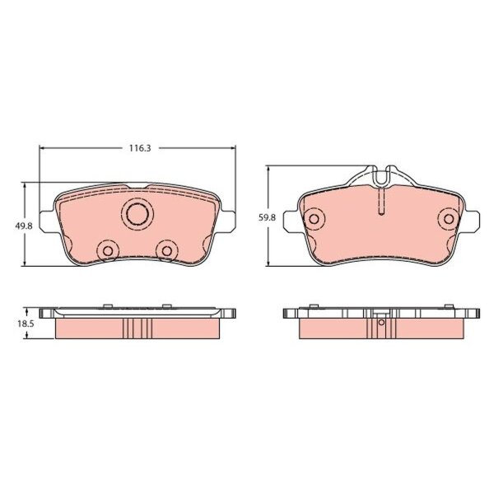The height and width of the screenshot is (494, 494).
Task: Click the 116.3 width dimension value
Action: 140,148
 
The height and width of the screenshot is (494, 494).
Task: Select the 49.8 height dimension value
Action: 24,226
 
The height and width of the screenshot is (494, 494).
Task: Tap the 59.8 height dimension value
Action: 267,217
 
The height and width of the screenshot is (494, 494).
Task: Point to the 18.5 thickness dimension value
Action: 26,324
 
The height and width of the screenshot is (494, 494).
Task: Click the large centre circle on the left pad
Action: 137,214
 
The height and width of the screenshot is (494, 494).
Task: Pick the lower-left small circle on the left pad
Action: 108,251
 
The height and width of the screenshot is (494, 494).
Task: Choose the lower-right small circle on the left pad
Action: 166,251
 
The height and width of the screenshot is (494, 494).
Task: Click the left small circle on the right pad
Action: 314,219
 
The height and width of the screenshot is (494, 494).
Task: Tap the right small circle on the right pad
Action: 449,219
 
